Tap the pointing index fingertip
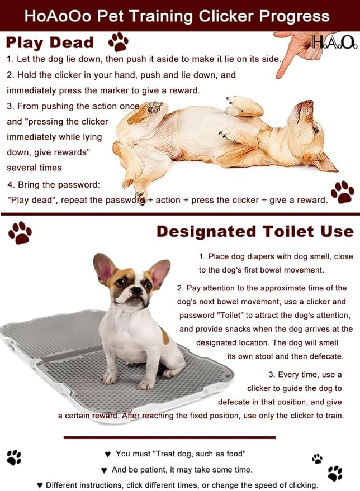tap(278, 76)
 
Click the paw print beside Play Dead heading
tap(118, 42)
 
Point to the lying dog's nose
tap(309, 102)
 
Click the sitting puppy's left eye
tap(121, 283)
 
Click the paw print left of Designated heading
tap(20, 233)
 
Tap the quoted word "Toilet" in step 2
tap(230, 316)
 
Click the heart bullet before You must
tap(108, 454)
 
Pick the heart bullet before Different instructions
tap(40, 485)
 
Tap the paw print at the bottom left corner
tap(14, 457)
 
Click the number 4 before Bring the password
tap(10, 185)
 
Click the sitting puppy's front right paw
tap(108, 379)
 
